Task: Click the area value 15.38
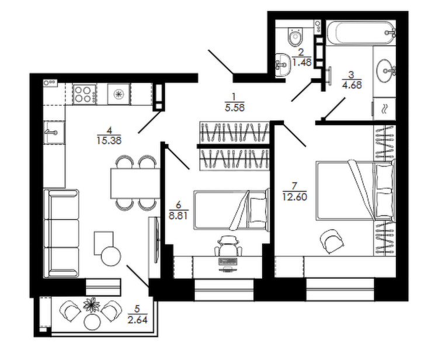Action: click(109, 140)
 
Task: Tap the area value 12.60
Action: click(295, 196)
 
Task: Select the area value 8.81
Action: click(179, 216)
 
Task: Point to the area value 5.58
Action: click(235, 108)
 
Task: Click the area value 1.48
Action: click(302, 62)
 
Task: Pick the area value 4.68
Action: click(351, 85)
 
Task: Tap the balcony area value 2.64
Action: click(138, 320)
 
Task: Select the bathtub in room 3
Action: click(361, 33)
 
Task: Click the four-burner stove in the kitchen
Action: click(85, 94)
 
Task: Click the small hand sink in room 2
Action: click(283, 65)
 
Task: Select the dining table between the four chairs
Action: click(135, 184)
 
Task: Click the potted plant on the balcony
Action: click(91, 304)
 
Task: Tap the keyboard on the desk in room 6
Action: click(227, 261)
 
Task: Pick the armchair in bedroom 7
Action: click(332, 241)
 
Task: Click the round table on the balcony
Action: click(92, 321)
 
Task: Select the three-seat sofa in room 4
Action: click(61, 233)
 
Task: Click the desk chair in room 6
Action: click(228, 245)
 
